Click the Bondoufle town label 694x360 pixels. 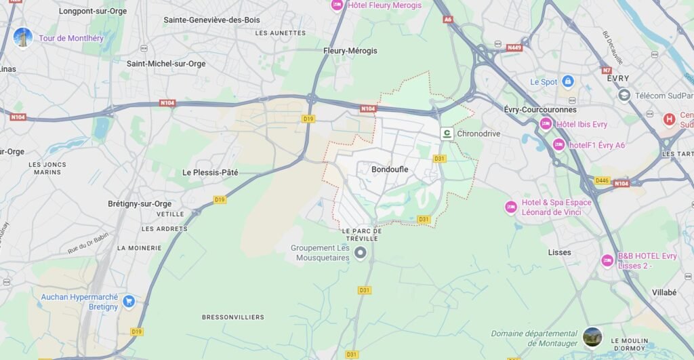390,169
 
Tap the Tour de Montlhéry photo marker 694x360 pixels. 23,38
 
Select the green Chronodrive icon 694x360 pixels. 447,134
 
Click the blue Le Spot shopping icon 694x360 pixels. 568,82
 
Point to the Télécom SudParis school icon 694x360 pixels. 624,96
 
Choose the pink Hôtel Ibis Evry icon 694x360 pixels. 546,124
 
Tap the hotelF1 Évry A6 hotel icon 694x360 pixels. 558,144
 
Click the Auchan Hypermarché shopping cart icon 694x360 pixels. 128,301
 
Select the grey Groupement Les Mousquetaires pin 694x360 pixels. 361,253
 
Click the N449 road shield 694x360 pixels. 514,47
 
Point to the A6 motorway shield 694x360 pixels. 447,20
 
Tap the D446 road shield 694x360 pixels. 601,180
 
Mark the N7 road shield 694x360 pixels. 606,70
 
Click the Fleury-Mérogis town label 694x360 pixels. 350,51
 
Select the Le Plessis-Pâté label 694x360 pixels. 210,172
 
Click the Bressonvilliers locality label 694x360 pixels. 232,317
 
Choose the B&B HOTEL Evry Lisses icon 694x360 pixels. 607,260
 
